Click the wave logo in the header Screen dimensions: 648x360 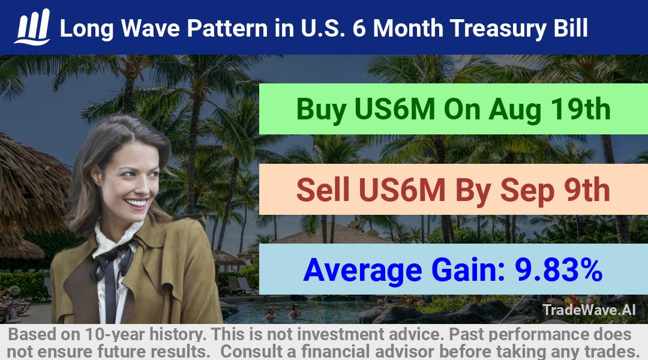point(32,27)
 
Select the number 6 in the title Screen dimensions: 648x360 point(359,29)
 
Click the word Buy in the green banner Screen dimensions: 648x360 point(321,110)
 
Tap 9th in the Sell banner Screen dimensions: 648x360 point(587,190)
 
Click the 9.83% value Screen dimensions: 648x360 point(559,270)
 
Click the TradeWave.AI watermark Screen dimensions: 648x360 point(589,310)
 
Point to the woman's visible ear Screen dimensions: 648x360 point(96,175)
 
